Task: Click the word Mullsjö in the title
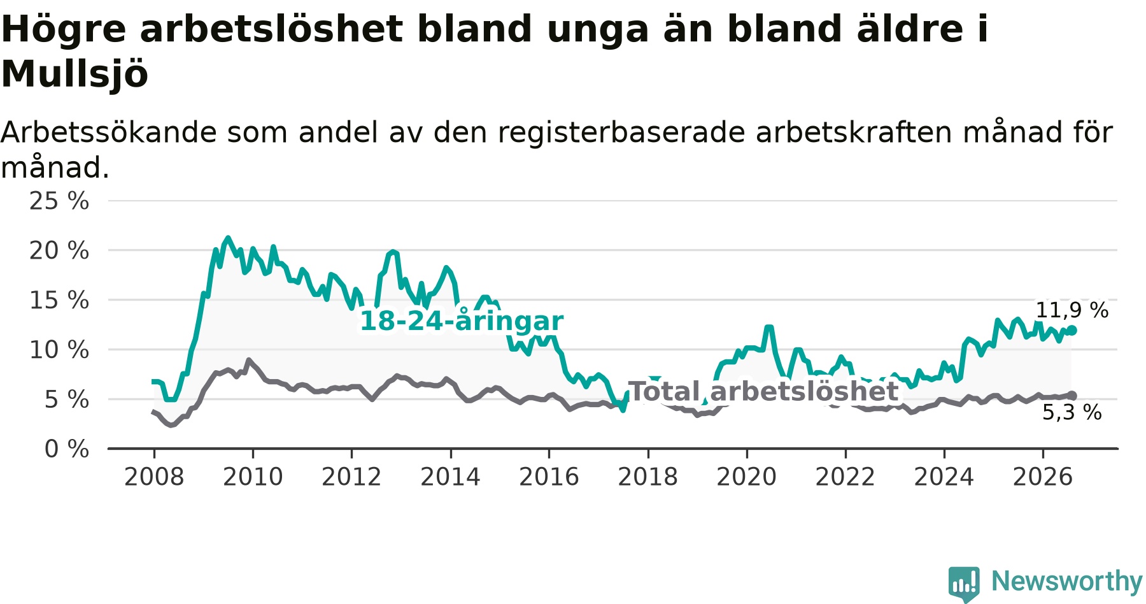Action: coord(74,74)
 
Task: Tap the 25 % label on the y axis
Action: coord(59,201)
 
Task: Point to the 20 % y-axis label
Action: coord(59,250)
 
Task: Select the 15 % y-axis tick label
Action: coord(59,300)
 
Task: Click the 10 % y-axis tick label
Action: coord(59,350)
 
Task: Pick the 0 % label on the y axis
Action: coord(67,449)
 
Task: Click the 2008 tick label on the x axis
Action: coord(154,477)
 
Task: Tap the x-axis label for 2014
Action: coord(450,477)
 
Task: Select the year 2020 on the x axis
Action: coord(747,477)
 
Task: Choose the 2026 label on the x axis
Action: coord(1043,477)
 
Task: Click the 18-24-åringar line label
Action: coord(462,321)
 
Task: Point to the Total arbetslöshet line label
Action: coord(763,392)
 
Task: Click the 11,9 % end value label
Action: coord(1072,310)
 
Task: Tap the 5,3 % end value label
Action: coord(1072,412)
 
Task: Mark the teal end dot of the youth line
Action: coord(1072,330)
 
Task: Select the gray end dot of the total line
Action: coord(1072,396)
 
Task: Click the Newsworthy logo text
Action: coord(1067,581)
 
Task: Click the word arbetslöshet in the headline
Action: coord(271,29)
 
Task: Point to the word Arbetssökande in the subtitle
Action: coord(109,133)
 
